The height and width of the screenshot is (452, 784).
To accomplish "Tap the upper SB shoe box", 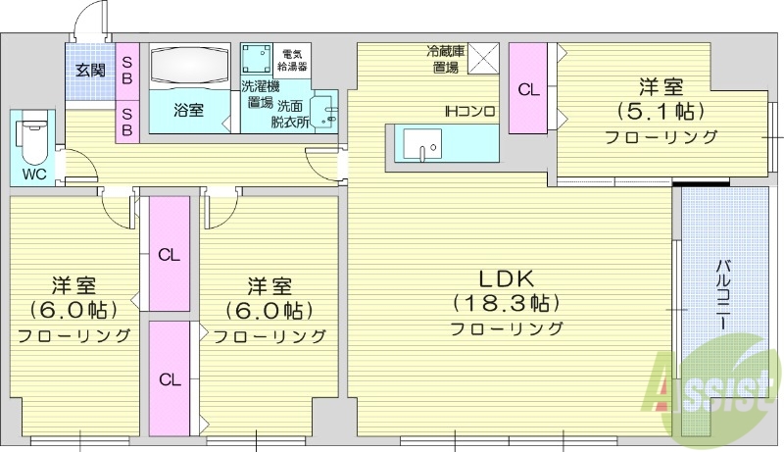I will click(127, 70).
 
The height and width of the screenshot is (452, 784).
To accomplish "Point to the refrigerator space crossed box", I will click(483, 58).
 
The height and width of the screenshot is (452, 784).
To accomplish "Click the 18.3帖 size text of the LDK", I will click(507, 301).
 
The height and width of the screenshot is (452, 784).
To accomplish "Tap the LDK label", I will click(507, 276).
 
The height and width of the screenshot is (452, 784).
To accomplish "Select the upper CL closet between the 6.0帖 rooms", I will click(168, 254).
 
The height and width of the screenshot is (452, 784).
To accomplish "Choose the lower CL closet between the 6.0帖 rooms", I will click(168, 378).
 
